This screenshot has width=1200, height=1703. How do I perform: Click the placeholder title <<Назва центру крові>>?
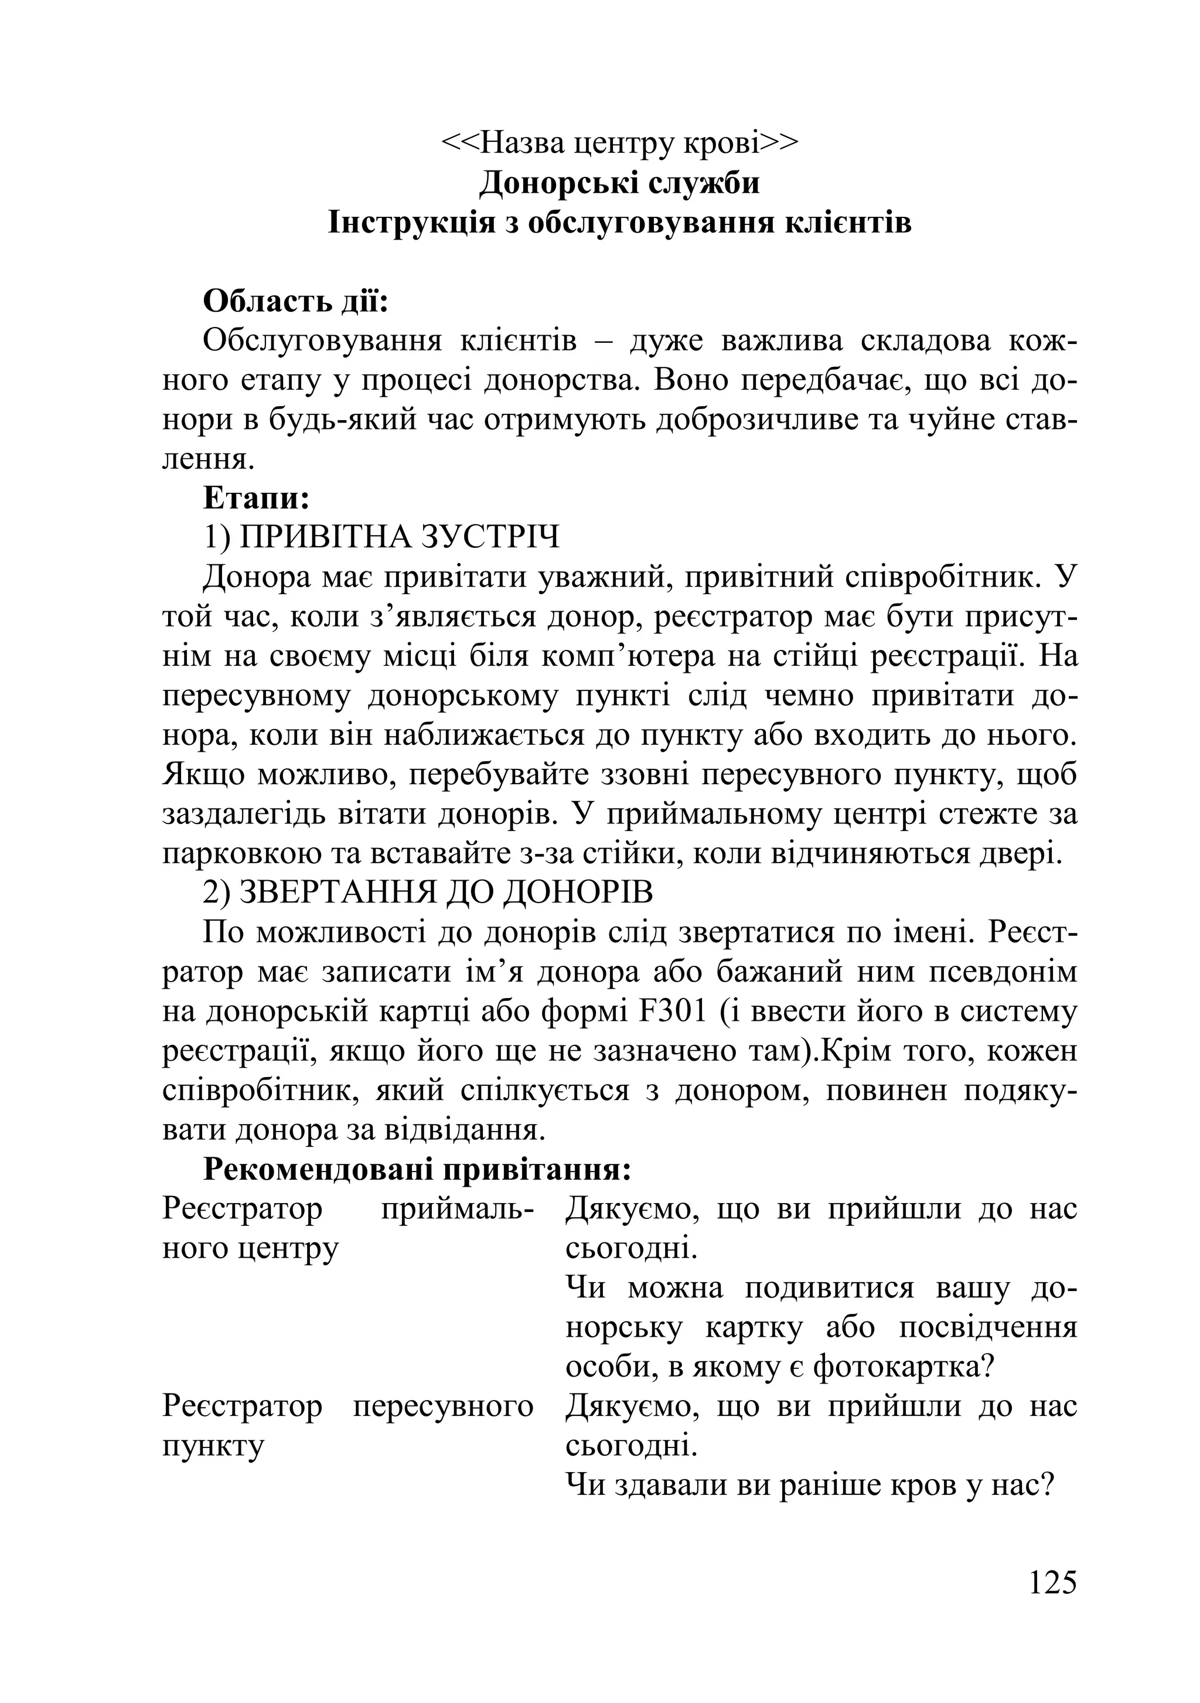(x=619, y=142)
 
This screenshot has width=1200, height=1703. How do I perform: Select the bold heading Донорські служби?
(x=619, y=182)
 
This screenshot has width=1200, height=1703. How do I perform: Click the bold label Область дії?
(x=296, y=302)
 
